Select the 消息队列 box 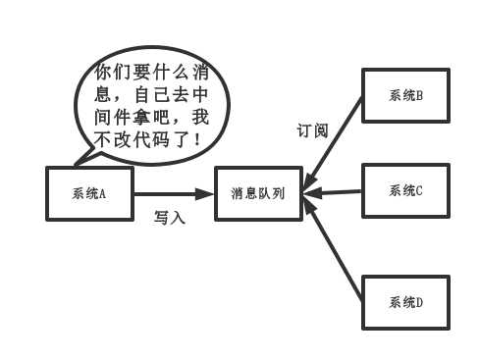coord(258,192)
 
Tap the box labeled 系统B coord(405,95)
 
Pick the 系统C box coord(405,190)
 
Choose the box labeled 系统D coord(405,302)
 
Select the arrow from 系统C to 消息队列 coord(334,191)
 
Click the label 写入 coord(170,218)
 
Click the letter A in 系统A coord(102,192)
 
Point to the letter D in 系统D coord(419,302)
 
